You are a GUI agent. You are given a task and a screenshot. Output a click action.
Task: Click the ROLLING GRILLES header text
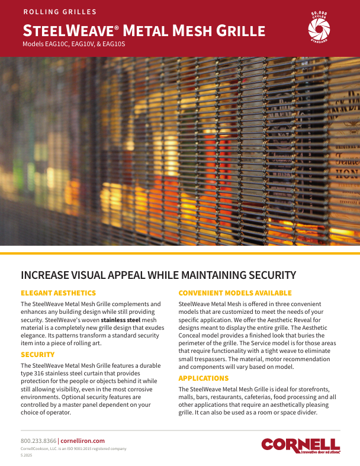pyautogui.click(x=59, y=12)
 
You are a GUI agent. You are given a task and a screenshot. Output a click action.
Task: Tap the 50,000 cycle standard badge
pyautogui.click(x=319, y=26)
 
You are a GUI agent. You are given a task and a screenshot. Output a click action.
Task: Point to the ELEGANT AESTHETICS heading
pyautogui.click(x=58, y=293)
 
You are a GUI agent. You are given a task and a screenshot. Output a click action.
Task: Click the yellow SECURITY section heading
pyautogui.click(x=37, y=355)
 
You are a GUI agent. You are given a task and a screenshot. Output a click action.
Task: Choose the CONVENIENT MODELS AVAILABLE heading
pyautogui.click(x=235, y=293)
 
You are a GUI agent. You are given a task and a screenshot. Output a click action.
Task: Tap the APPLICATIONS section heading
pyautogui.click(x=204, y=378)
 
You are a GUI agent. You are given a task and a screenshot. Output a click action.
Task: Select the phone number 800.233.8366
pyautogui.click(x=38, y=441)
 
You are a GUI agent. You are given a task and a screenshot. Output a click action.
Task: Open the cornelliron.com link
pyautogui.click(x=83, y=441)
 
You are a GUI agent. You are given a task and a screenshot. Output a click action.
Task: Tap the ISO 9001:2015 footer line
pyautogui.click(x=73, y=449)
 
